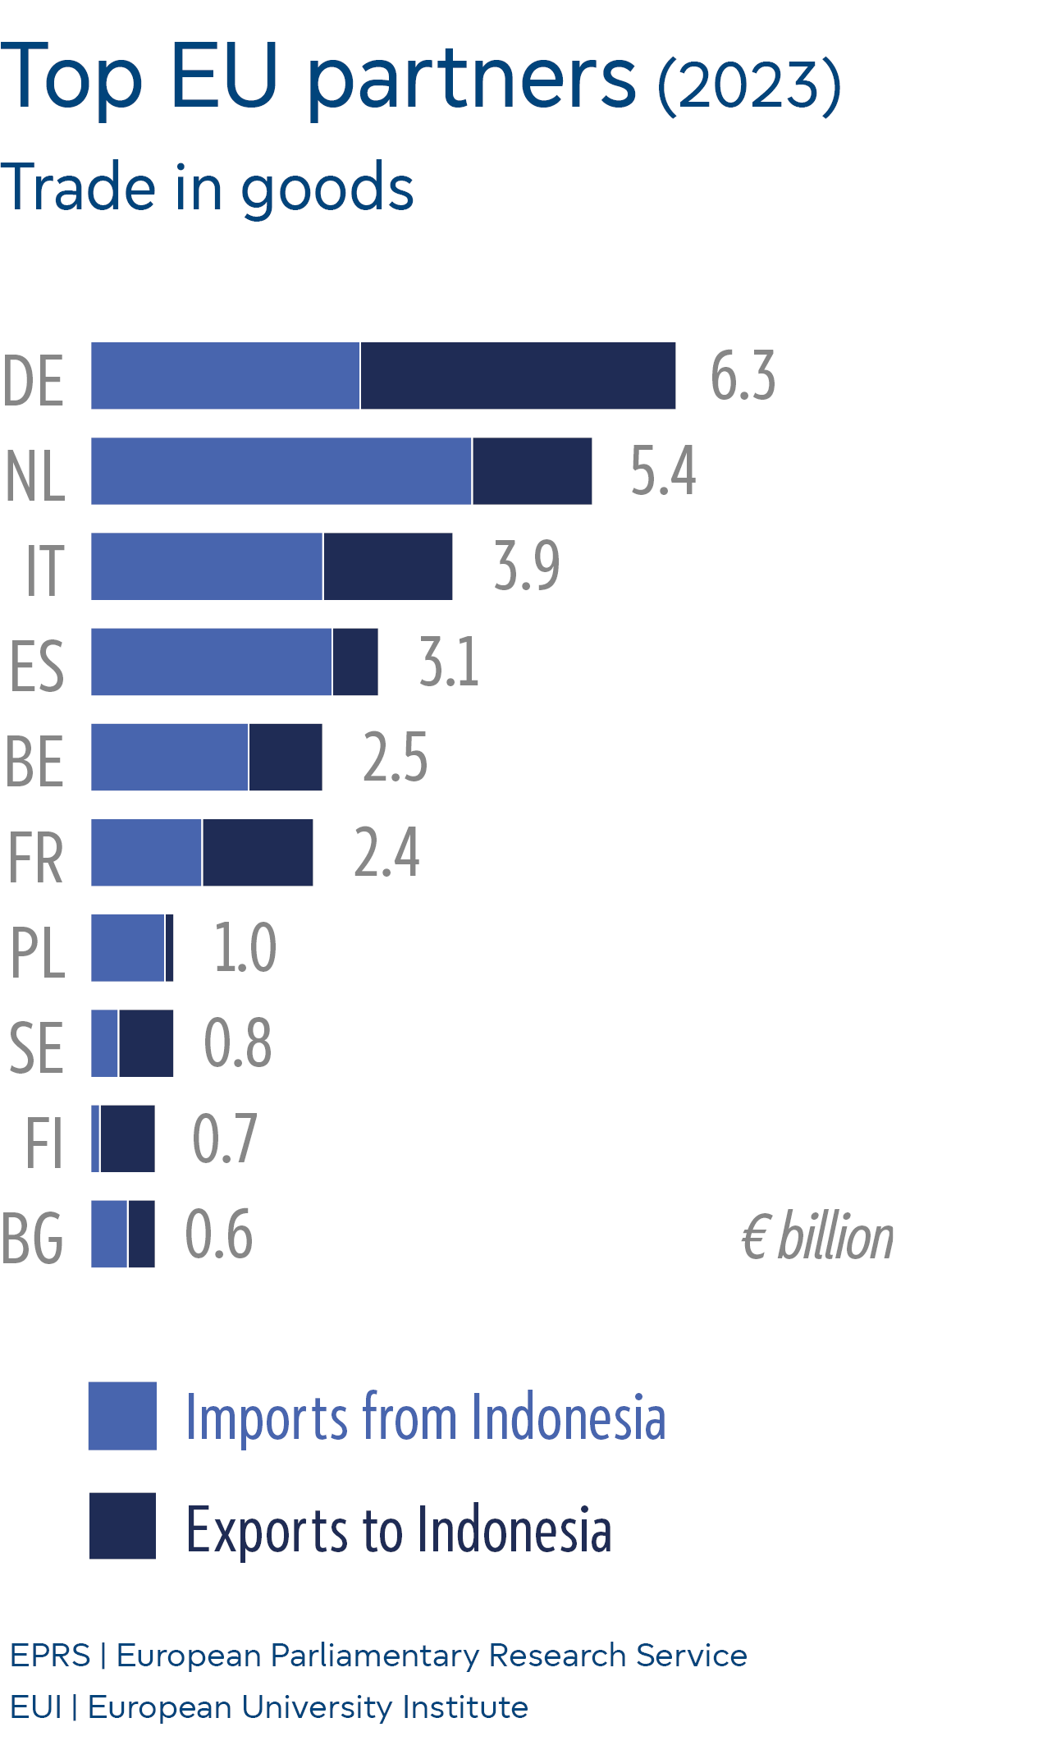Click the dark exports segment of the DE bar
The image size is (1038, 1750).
[518, 376]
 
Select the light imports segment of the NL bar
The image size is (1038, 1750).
[281, 471]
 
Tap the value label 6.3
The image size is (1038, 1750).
[743, 376]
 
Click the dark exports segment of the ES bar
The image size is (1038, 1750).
[355, 662]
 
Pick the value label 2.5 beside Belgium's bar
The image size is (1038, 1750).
[395, 757]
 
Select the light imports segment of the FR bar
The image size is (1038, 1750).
[146, 852]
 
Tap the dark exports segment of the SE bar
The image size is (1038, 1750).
[146, 1043]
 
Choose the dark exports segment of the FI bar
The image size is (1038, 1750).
[127, 1138]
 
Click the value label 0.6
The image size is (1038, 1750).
[219, 1234]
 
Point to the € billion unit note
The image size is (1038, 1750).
[817, 1237]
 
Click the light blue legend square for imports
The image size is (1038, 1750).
[122, 1416]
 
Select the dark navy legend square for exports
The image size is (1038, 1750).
[122, 1526]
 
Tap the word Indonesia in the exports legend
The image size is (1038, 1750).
[514, 1530]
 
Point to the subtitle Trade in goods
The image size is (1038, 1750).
[207, 187]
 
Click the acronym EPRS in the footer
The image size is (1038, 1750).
[50, 1656]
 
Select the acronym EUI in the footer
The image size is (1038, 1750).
[36, 1707]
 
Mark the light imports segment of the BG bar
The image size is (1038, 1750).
[109, 1234]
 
